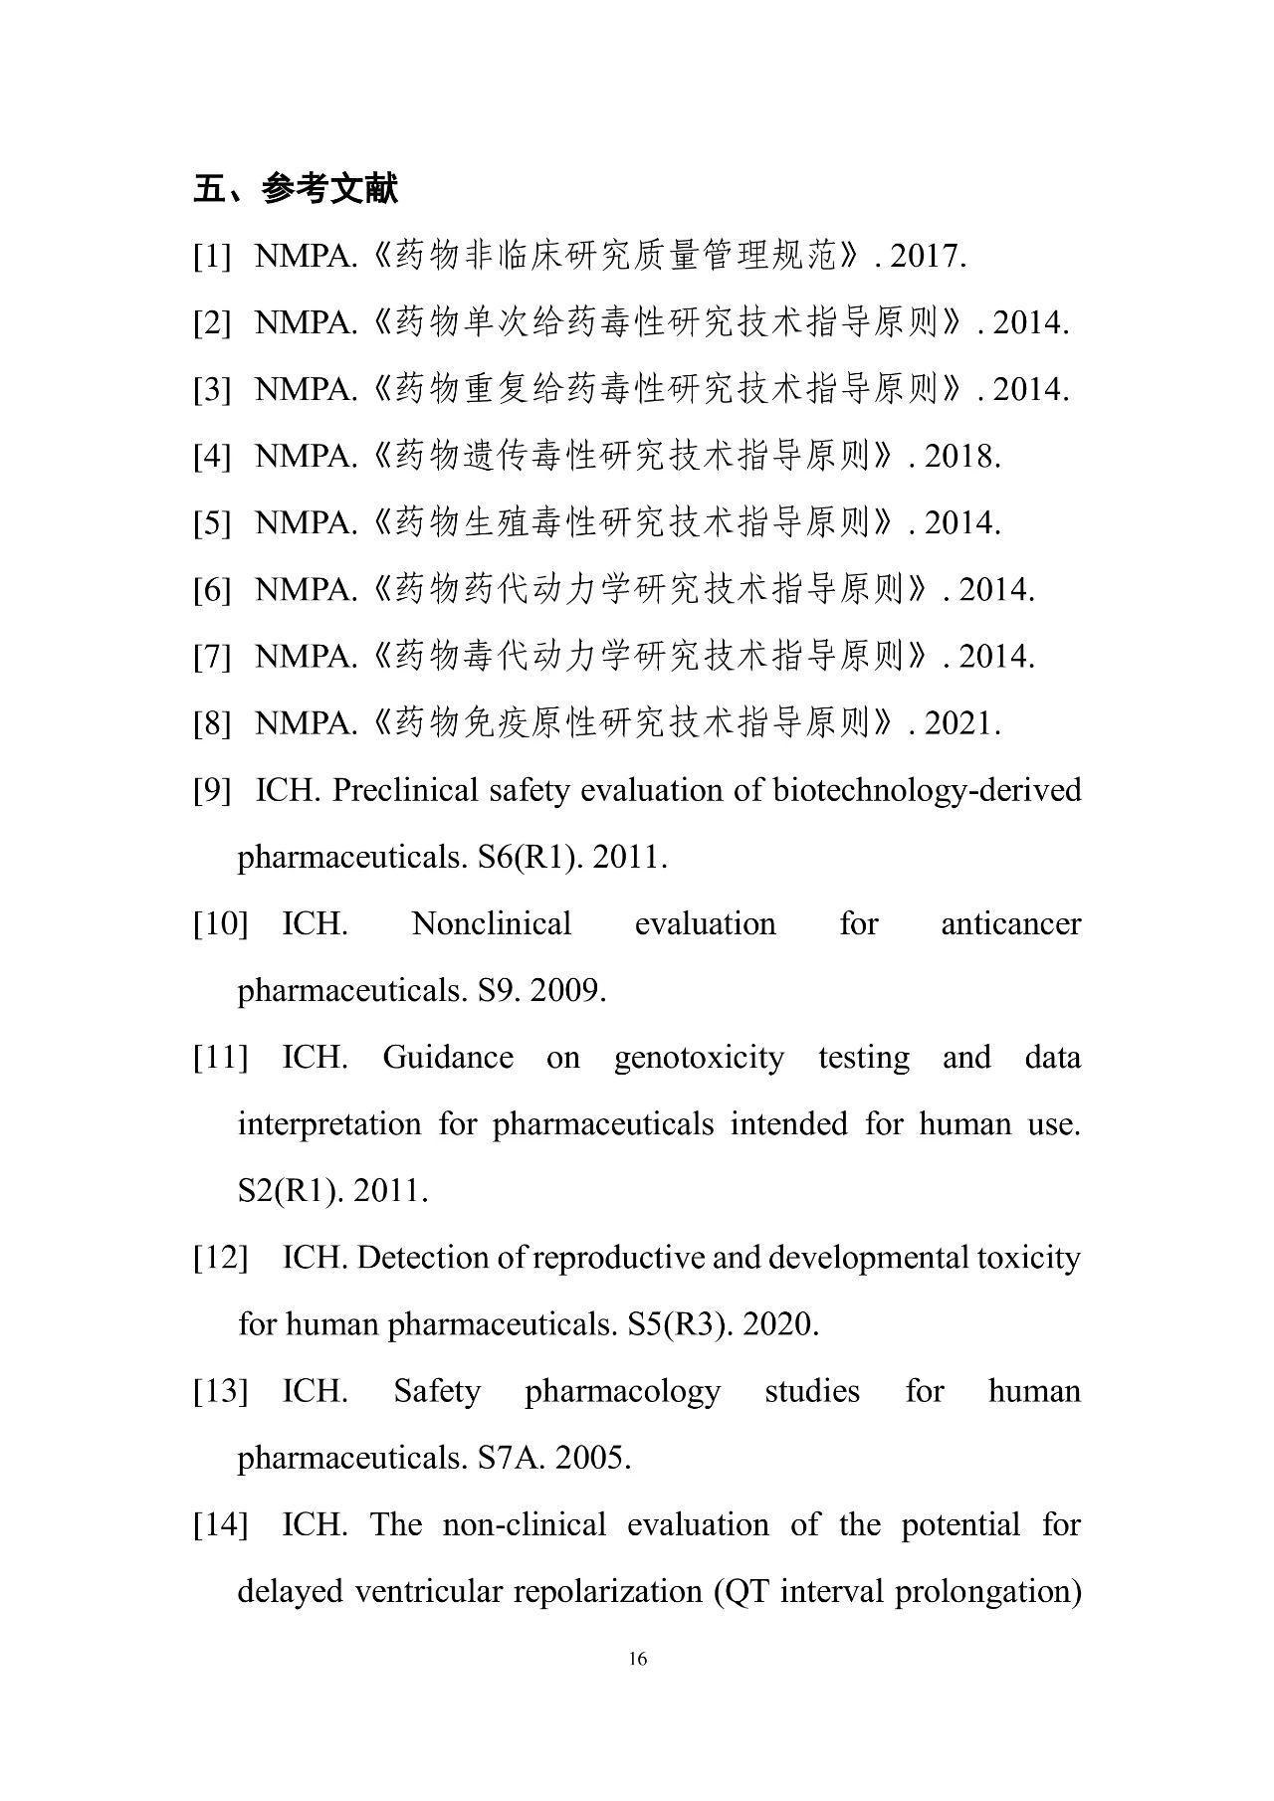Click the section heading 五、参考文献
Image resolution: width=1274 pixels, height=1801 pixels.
click(x=296, y=188)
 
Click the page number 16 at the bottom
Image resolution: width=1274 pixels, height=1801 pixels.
click(x=638, y=1658)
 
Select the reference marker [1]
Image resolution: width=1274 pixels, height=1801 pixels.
click(x=212, y=257)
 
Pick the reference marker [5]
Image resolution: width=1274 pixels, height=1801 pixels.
click(x=212, y=523)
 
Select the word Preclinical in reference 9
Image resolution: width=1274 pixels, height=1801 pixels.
click(x=406, y=790)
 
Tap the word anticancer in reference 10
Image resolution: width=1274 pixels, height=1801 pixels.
click(x=1010, y=923)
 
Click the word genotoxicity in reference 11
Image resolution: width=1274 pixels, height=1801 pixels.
click(x=699, y=1057)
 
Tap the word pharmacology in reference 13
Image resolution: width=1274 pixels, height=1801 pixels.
click(x=622, y=1391)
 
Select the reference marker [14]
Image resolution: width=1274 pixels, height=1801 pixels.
click(x=220, y=1524)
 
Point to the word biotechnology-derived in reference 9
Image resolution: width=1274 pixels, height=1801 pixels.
click(x=927, y=790)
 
